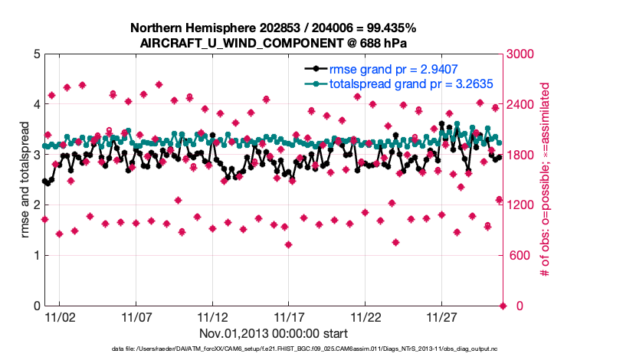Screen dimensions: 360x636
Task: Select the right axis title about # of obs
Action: click(x=546, y=180)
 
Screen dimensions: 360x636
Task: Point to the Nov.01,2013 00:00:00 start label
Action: click(x=274, y=334)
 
